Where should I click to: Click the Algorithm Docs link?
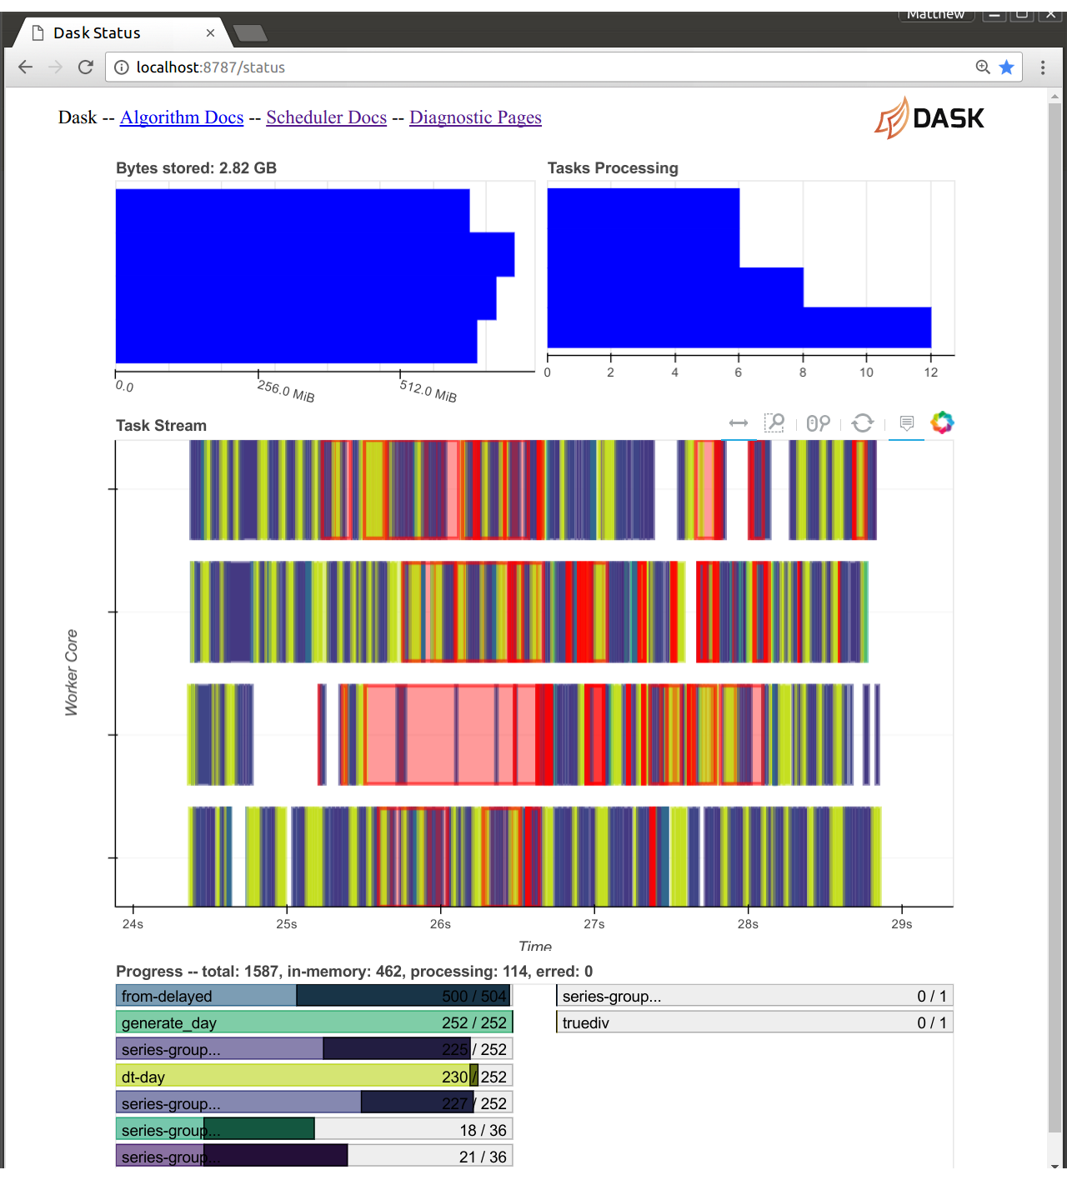tap(182, 117)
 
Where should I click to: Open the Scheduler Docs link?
tap(326, 117)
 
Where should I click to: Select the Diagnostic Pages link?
tap(475, 117)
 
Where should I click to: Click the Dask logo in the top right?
tap(929, 117)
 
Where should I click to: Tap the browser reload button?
tap(85, 67)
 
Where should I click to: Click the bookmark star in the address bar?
tap(1007, 67)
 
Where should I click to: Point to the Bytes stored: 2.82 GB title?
tap(196, 168)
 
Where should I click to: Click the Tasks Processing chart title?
tap(613, 168)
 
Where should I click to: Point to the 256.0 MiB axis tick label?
tap(286, 392)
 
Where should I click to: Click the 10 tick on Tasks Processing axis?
tap(866, 372)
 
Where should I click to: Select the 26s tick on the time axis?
tap(440, 924)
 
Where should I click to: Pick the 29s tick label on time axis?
tap(901, 924)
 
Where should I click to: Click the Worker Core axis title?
tap(72, 672)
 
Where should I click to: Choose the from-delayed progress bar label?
tap(167, 997)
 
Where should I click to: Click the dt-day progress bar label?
tap(143, 1077)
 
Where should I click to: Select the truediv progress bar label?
tap(586, 1023)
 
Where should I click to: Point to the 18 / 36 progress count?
tap(483, 1131)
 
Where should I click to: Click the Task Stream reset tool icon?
tap(863, 423)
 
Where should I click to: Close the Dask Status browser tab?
tap(210, 33)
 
